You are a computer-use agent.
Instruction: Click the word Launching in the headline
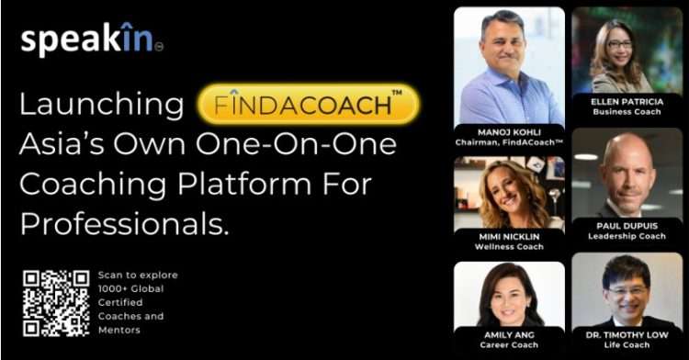click(102, 105)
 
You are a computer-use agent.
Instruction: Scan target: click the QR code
click(56, 302)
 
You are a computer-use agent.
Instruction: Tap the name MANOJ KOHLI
click(509, 131)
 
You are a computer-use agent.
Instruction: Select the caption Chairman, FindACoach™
click(509, 142)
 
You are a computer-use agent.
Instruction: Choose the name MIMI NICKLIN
click(509, 236)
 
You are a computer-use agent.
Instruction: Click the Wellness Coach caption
click(509, 247)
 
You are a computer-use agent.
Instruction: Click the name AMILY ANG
click(509, 335)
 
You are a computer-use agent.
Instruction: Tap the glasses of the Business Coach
click(620, 43)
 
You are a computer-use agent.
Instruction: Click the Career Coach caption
click(509, 346)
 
